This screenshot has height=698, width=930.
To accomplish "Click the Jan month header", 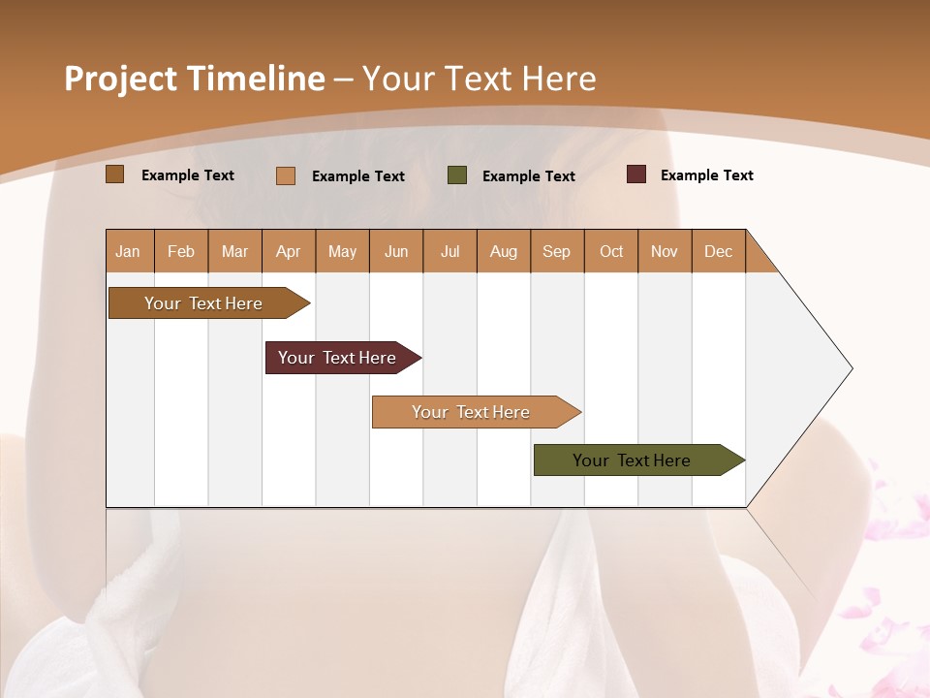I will pyautogui.click(x=129, y=251).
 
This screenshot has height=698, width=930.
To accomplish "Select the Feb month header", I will pyautogui.click(x=181, y=251).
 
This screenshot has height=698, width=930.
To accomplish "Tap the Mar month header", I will pyautogui.click(x=234, y=251).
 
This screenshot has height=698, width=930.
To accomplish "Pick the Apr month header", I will pyautogui.click(x=289, y=251).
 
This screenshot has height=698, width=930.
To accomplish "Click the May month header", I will pyautogui.click(x=342, y=251).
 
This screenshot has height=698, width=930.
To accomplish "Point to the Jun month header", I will pyautogui.click(x=396, y=251).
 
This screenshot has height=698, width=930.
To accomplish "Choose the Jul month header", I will pyautogui.click(x=449, y=251).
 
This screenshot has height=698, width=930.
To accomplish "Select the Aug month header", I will pyautogui.click(x=504, y=251).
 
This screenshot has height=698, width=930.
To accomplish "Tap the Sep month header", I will pyautogui.click(x=557, y=251).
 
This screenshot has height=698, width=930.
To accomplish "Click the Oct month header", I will pyautogui.click(x=611, y=251).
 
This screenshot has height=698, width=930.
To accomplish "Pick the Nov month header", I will pyautogui.click(x=665, y=251).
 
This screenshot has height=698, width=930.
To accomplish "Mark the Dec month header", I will pyautogui.click(x=719, y=251).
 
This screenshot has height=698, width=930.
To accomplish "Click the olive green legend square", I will pyautogui.click(x=457, y=175).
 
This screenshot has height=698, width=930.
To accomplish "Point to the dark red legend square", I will pyautogui.click(x=635, y=174).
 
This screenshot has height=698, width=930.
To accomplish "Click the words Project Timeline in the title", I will pyautogui.click(x=195, y=79).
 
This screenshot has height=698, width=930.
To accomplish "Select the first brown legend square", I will pyautogui.click(x=114, y=174).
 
